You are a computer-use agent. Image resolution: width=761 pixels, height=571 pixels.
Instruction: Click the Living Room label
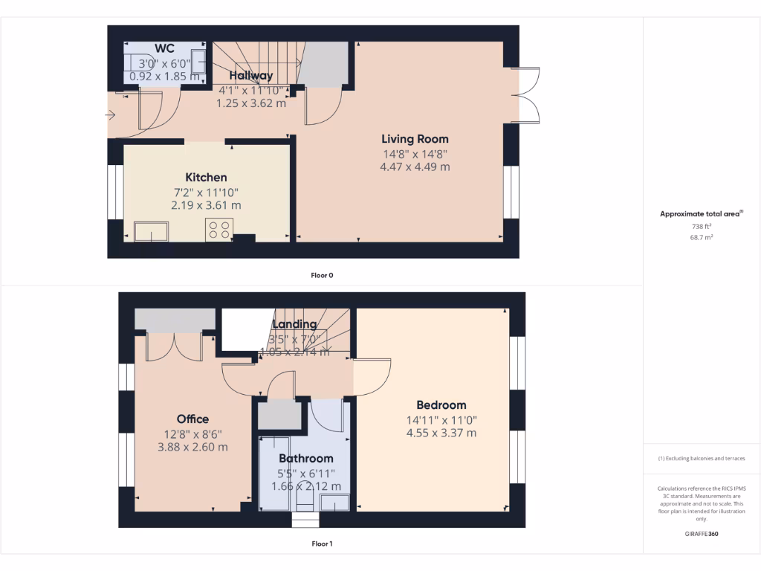tap(415, 139)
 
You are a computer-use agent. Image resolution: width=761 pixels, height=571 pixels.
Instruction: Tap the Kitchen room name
tap(206, 178)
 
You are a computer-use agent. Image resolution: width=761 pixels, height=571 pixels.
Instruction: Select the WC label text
tap(164, 49)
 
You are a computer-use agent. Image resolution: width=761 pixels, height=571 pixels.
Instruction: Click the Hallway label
tap(250, 76)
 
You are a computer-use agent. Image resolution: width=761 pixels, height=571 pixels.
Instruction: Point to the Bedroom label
tap(441, 405)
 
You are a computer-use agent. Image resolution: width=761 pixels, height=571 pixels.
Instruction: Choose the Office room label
tap(192, 419)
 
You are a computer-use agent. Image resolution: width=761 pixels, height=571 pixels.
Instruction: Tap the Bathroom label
tap(305, 459)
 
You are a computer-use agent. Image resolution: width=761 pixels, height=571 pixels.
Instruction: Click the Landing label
tap(294, 324)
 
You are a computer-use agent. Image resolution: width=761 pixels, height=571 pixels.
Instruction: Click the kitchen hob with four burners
tap(219, 230)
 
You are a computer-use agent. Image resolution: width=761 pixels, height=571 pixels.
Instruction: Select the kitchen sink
tap(151, 231)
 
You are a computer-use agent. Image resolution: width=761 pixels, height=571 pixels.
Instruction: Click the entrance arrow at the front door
tap(111, 115)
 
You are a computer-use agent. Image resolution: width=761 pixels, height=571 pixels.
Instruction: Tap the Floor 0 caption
tap(322, 275)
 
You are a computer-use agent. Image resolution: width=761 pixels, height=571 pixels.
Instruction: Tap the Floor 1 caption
tap(322, 544)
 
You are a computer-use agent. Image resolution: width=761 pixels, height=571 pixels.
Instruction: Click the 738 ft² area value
tap(702, 226)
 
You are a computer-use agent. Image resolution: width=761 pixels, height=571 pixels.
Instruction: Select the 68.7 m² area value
tap(702, 237)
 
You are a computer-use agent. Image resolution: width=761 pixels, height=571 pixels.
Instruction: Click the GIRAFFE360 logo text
tap(702, 534)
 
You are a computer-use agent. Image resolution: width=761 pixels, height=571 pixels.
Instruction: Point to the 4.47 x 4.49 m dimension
tap(415, 167)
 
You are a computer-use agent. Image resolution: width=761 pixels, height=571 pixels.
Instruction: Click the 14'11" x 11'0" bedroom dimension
tap(441, 419)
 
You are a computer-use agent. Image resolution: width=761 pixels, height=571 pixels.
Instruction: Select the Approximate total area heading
tap(701, 214)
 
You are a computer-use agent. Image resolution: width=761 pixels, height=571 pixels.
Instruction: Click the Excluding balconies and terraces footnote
tap(701, 459)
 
